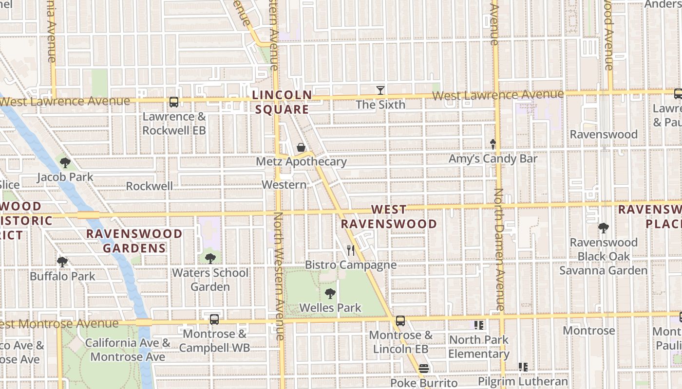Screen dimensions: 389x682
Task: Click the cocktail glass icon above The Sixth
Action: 380,90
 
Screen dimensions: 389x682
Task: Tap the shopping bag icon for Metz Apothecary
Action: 301,147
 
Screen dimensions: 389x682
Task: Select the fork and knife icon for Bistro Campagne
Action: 350,250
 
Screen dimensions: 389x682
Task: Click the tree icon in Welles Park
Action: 330,293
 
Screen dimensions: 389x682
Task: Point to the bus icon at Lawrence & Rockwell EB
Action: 174,102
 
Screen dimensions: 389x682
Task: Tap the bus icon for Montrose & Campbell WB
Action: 214,319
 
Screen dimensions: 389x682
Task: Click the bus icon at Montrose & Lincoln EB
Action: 400,321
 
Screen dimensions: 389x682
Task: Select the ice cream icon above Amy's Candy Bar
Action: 493,144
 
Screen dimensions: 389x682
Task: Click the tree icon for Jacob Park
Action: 65,162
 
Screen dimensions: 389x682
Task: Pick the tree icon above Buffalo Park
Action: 62,262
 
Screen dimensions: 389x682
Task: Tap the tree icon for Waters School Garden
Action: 210,258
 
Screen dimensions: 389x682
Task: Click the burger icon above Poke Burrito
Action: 423,369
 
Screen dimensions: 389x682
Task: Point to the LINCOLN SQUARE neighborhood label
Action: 283,102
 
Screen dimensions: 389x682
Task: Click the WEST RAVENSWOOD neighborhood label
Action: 388,217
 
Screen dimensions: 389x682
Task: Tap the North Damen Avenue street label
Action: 500,249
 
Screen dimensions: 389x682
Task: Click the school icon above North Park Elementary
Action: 478,325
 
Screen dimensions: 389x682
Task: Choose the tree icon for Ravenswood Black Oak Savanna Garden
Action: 604,228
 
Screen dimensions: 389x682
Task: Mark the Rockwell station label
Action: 149,186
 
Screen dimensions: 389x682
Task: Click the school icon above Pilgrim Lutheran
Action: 523,367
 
